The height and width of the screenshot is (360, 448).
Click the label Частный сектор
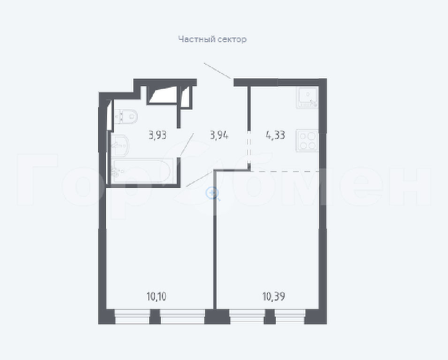coord(213,39)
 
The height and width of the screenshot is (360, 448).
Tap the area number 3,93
coord(158,135)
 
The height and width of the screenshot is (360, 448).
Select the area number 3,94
coord(219,135)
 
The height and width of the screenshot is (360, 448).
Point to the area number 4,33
coord(275,135)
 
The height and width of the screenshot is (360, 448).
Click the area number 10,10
coord(156,297)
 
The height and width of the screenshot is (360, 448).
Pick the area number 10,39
coord(273,297)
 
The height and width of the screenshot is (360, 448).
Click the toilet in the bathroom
coord(126,116)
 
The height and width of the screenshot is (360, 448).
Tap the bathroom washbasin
coord(120,146)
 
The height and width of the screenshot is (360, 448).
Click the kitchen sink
coord(307,97)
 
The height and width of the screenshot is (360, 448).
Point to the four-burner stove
coord(307,141)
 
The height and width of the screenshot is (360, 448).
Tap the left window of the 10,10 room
coord(132,316)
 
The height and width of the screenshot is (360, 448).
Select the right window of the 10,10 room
coord(183,316)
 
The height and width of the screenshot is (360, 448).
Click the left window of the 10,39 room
coord(247,316)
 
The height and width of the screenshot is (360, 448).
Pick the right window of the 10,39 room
coord(290,316)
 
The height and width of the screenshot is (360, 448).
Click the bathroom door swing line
coord(187,145)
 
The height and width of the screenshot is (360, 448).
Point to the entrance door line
coord(217,70)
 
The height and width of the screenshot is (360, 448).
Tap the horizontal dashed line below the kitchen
coord(285,171)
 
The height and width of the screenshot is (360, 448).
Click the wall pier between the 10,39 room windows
coord(270,316)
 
